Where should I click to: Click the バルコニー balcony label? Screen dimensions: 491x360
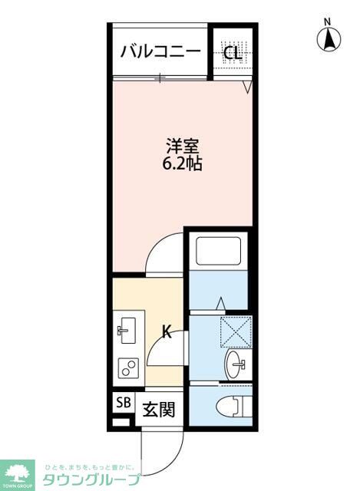point(160,52)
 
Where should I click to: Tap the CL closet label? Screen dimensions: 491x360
point(232,53)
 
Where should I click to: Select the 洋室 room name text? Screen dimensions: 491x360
point(183,145)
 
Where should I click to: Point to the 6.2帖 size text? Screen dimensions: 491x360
point(183,163)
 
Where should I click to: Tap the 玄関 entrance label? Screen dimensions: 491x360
point(158,409)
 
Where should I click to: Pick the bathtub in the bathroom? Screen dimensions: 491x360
point(219,252)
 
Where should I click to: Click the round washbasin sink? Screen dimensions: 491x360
point(236,364)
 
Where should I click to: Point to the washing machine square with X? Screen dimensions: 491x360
point(235,331)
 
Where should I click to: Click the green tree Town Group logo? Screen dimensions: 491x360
point(17,473)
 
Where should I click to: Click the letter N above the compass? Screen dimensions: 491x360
point(327,21)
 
